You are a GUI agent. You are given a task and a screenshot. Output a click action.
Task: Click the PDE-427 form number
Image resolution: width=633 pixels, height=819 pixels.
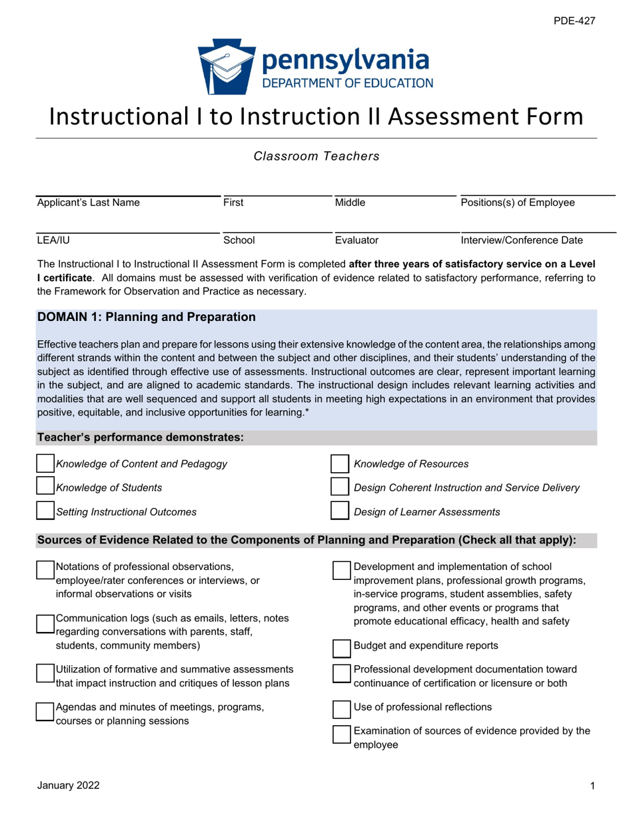coord(574,21)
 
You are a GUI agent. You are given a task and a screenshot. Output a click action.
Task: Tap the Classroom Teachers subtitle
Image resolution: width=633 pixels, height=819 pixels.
coord(316,156)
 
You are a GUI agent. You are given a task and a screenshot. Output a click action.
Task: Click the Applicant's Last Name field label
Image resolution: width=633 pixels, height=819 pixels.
coord(88,202)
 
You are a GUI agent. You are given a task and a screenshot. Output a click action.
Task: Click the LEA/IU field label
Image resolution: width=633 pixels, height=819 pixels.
coord(53,240)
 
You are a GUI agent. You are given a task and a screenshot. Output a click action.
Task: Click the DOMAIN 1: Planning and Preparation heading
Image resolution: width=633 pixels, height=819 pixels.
coord(147,318)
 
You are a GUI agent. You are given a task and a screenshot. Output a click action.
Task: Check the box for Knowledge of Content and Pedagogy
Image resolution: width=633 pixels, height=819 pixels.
coord(45,464)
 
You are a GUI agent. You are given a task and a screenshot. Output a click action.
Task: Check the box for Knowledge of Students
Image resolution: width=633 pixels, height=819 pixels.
coord(45,488)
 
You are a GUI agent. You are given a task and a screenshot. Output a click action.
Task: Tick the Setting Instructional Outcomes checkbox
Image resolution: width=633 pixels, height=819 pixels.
coord(45,511)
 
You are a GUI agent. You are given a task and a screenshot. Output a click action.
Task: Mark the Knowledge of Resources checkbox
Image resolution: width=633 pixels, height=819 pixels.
coord(340,464)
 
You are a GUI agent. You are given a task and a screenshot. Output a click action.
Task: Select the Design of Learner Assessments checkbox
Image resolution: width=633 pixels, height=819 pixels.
coord(340,511)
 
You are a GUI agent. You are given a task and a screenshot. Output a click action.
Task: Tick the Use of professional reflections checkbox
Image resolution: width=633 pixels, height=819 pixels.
coord(341,707)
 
